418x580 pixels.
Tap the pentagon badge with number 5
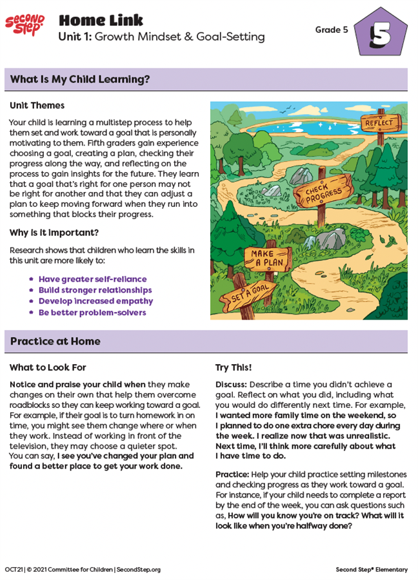(x=381, y=34)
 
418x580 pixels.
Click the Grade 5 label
(x=331, y=30)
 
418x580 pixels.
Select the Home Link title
(x=101, y=20)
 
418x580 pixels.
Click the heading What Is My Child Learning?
(x=80, y=80)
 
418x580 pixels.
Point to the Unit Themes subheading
(x=37, y=105)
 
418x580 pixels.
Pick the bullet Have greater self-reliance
(x=92, y=279)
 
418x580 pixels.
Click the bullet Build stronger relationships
(x=95, y=290)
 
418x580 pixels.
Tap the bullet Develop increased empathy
(x=95, y=301)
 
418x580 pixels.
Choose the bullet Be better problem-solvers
(x=92, y=313)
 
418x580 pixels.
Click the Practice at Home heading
(x=55, y=342)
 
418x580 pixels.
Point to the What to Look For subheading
(x=48, y=367)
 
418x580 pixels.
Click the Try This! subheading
(x=234, y=367)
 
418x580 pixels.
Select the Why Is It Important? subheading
(x=54, y=233)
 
